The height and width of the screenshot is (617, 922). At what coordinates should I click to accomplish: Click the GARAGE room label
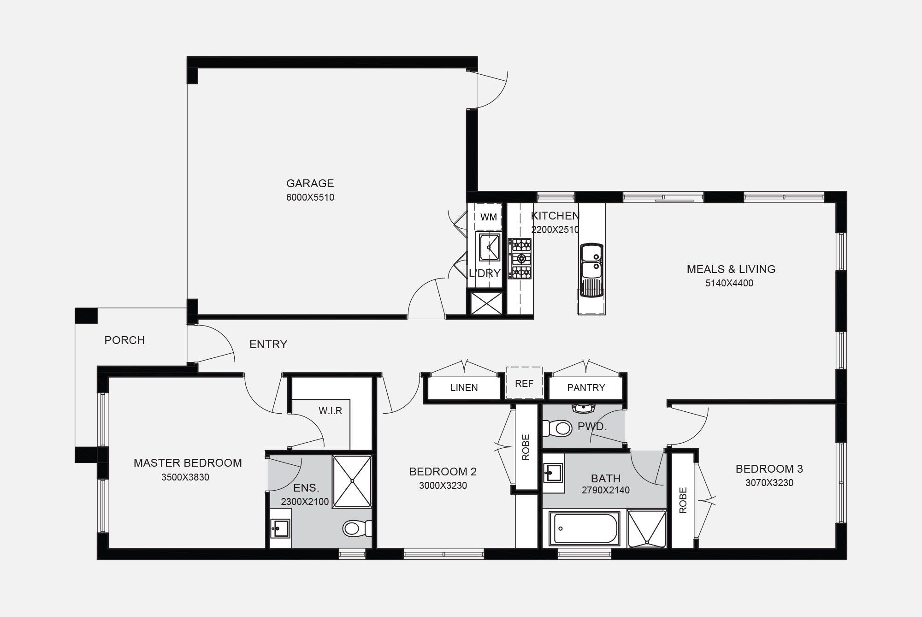click(x=310, y=184)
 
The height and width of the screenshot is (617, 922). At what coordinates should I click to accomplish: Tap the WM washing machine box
click(x=488, y=217)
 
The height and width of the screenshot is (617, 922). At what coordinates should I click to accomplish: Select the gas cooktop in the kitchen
click(x=520, y=259)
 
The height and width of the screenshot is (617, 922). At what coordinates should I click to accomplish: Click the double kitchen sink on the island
click(x=591, y=270)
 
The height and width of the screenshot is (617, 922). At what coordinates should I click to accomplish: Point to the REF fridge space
click(x=524, y=383)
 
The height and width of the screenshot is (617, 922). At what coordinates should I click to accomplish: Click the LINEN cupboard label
click(x=464, y=388)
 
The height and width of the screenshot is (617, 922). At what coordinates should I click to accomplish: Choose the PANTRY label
click(x=586, y=388)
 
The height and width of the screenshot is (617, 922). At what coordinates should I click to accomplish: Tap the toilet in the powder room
click(x=557, y=428)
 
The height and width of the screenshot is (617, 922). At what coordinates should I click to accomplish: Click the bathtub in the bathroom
click(x=585, y=528)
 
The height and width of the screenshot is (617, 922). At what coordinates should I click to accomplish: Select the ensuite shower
click(x=352, y=481)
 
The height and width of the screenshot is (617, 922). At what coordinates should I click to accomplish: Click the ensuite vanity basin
click(x=280, y=528)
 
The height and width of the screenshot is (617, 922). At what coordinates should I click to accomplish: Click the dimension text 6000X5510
click(x=310, y=198)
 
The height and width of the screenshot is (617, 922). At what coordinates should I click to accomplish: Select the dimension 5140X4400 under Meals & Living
click(x=729, y=284)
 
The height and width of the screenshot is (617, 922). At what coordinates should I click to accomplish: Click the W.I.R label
click(x=331, y=411)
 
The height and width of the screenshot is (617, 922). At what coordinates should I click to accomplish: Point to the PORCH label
click(x=124, y=340)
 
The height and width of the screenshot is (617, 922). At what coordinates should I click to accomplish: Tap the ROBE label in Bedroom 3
click(x=683, y=500)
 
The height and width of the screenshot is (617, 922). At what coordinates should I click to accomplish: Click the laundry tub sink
click(x=489, y=247)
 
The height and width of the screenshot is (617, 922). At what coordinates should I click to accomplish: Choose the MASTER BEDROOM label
click(x=188, y=463)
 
